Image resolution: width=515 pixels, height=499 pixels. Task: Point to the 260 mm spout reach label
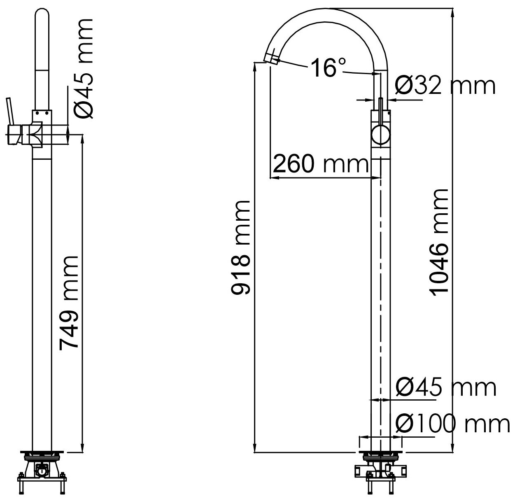point(320,164)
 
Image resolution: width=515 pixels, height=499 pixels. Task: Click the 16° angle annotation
point(328,68)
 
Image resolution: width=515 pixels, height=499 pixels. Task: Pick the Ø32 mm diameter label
point(445,86)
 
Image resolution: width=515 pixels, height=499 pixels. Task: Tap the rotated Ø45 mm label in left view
point(84,68)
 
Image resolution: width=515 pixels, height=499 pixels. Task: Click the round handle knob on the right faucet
point(380,135)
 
